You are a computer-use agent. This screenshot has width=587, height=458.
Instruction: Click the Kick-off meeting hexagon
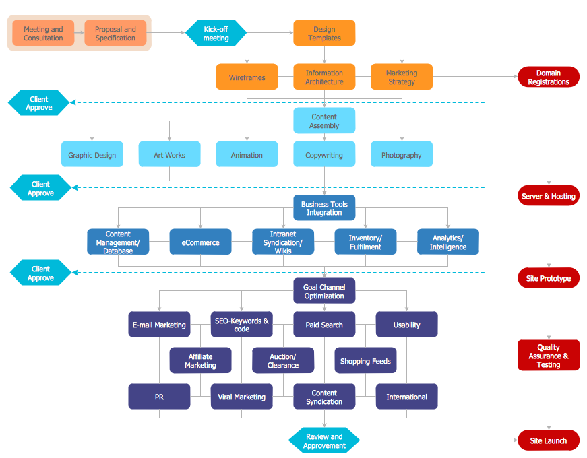click(216, 34)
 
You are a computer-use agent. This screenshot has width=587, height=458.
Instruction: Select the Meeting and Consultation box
click(43, 34)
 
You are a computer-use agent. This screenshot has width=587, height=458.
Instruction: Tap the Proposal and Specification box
click(115, 34)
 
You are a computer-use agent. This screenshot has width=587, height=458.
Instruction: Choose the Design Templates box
click(324, 34)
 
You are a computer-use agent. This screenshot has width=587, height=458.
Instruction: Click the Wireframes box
click(247, 77)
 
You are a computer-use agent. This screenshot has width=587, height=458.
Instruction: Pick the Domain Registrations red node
click(548, 77)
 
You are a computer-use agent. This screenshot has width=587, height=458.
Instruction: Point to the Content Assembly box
click(324, 121)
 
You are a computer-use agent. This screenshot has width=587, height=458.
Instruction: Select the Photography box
click(402, 155)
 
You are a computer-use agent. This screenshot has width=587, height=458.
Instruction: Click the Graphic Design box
click(92, 155)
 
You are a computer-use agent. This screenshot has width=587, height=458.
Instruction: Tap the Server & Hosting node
click(548, 196)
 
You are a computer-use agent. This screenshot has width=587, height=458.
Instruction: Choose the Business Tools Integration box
click(324, 208)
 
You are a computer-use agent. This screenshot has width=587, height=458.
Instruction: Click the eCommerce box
click(200, 242)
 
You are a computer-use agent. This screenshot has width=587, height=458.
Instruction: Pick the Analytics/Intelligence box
click(448, 242)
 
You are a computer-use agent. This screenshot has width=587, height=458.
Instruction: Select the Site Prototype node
click(548, 278)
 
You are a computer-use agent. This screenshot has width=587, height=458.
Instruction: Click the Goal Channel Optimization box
click(324, 292)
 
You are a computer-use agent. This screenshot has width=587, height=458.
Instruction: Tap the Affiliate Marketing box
click(200, 360)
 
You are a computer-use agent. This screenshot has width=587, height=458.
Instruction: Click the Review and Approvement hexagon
click(324, 441)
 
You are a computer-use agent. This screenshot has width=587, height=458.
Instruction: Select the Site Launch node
click(548, 441)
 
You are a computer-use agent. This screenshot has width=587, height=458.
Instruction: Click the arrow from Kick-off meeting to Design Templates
click(270, 32)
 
